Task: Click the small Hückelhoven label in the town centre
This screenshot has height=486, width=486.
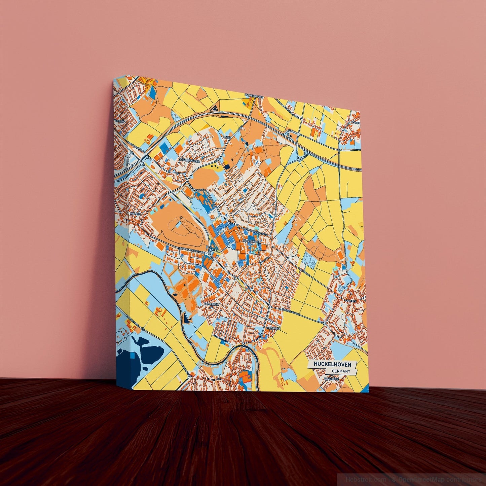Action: point(251,241)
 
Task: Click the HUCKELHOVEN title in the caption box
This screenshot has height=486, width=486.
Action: point(332,364)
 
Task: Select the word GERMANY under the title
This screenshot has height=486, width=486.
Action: point(341,371)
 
